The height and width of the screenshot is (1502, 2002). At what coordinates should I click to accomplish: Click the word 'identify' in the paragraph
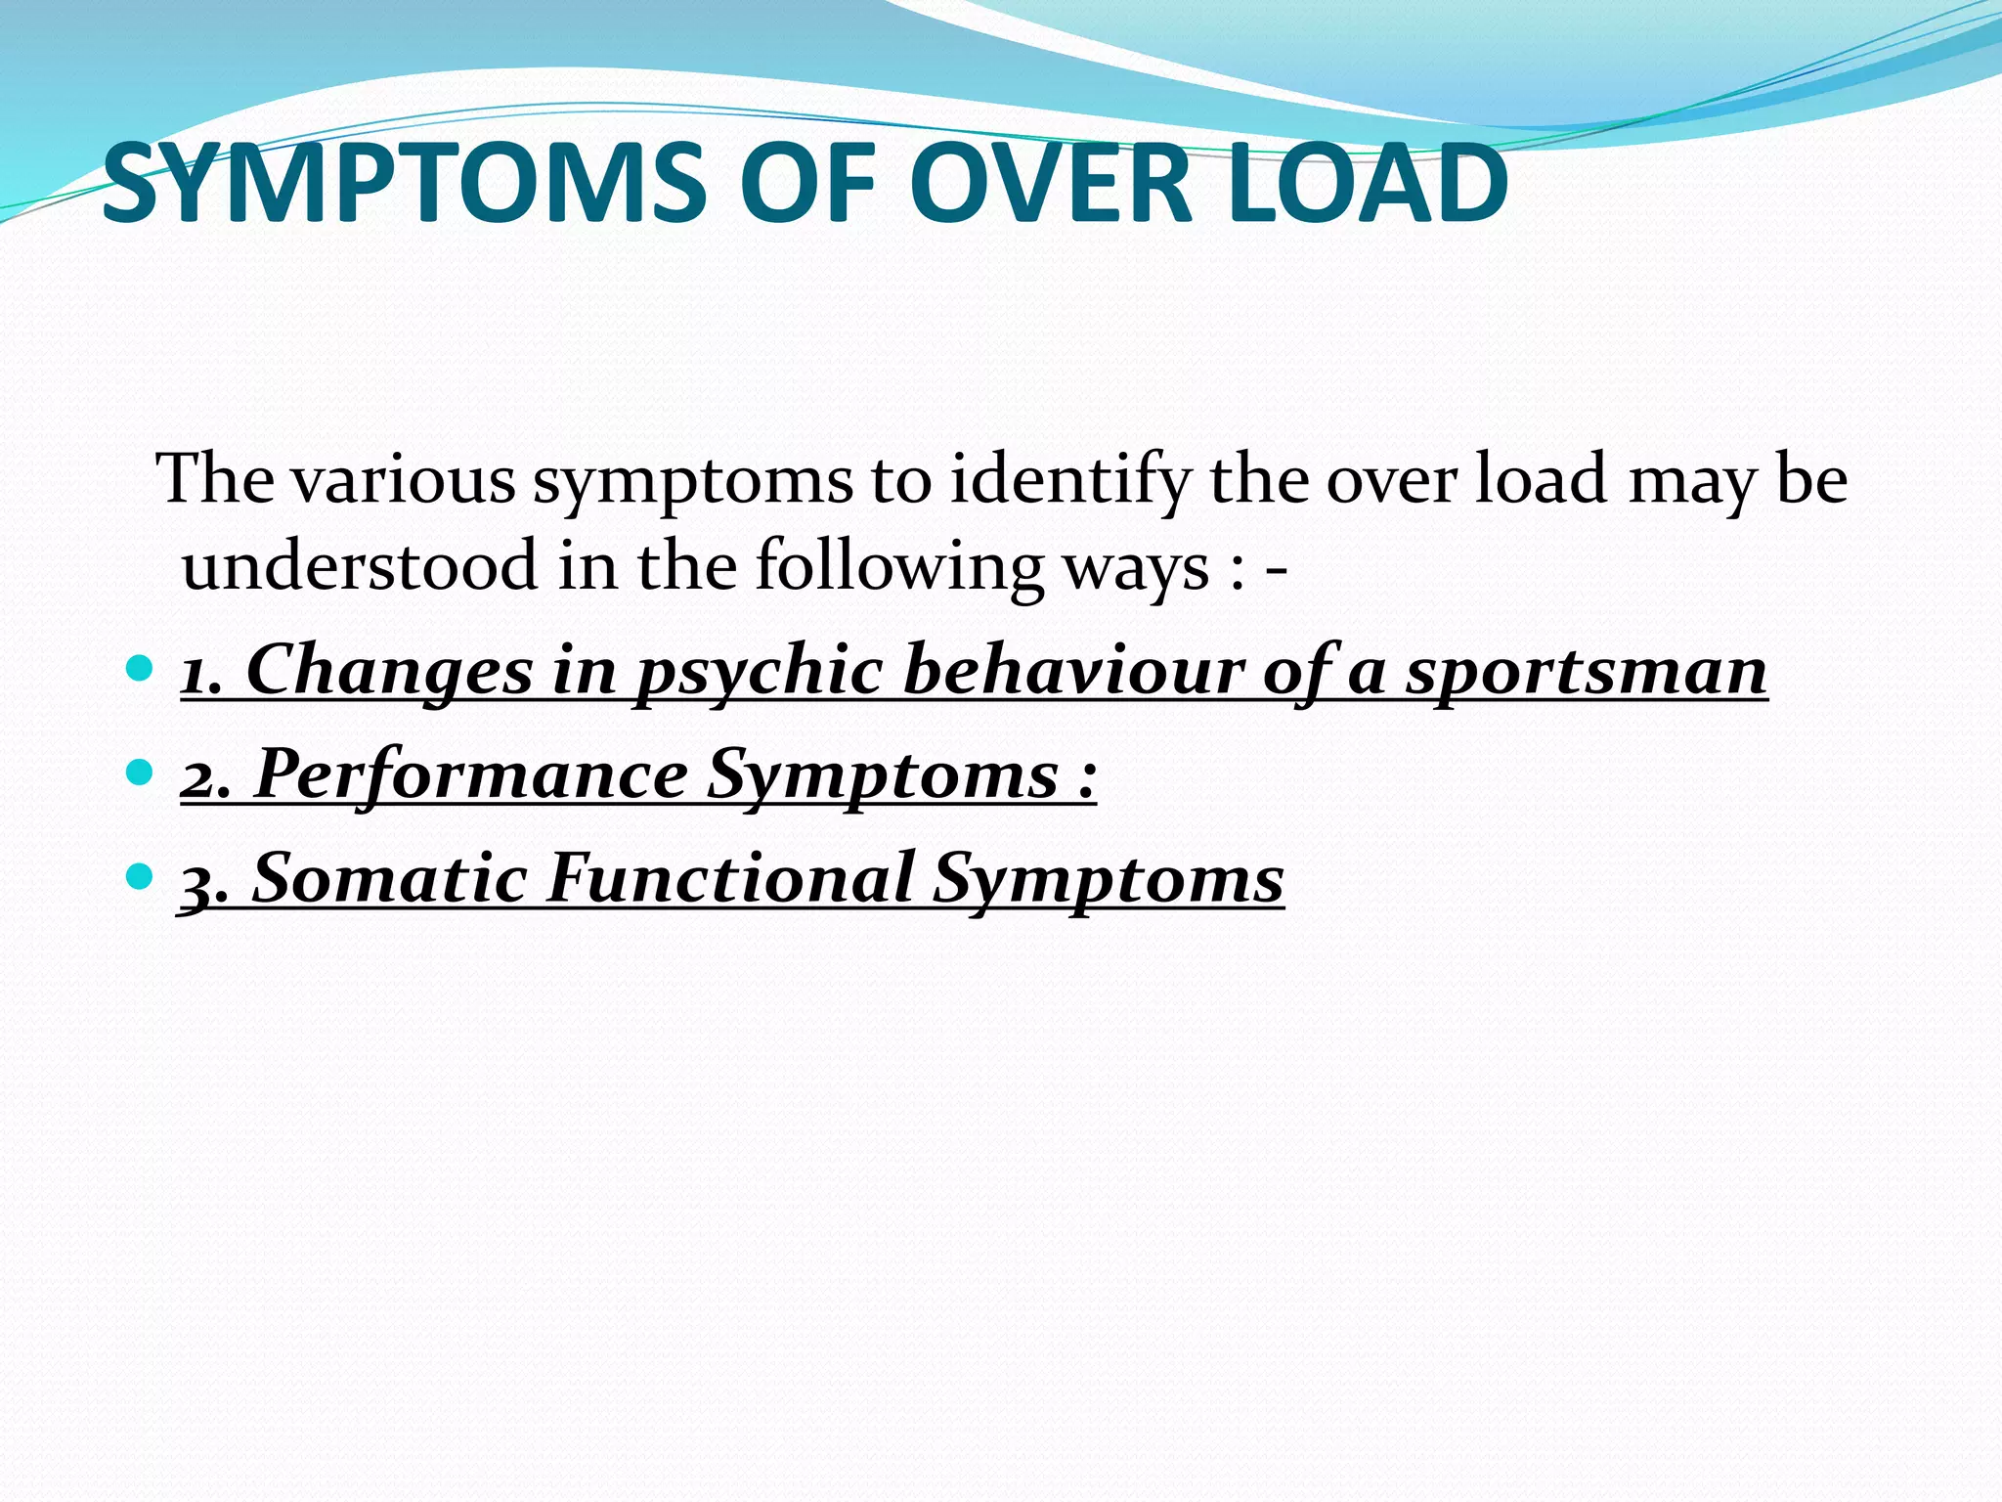[1069, 482]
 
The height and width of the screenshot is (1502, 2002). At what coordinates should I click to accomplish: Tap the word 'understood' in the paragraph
[360, 566]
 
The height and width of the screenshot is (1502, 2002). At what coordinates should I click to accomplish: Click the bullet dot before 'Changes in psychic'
[141, 669]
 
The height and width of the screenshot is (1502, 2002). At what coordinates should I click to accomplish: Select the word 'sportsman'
[1586, 673]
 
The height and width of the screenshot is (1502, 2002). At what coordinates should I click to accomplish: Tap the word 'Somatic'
[390, 877]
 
